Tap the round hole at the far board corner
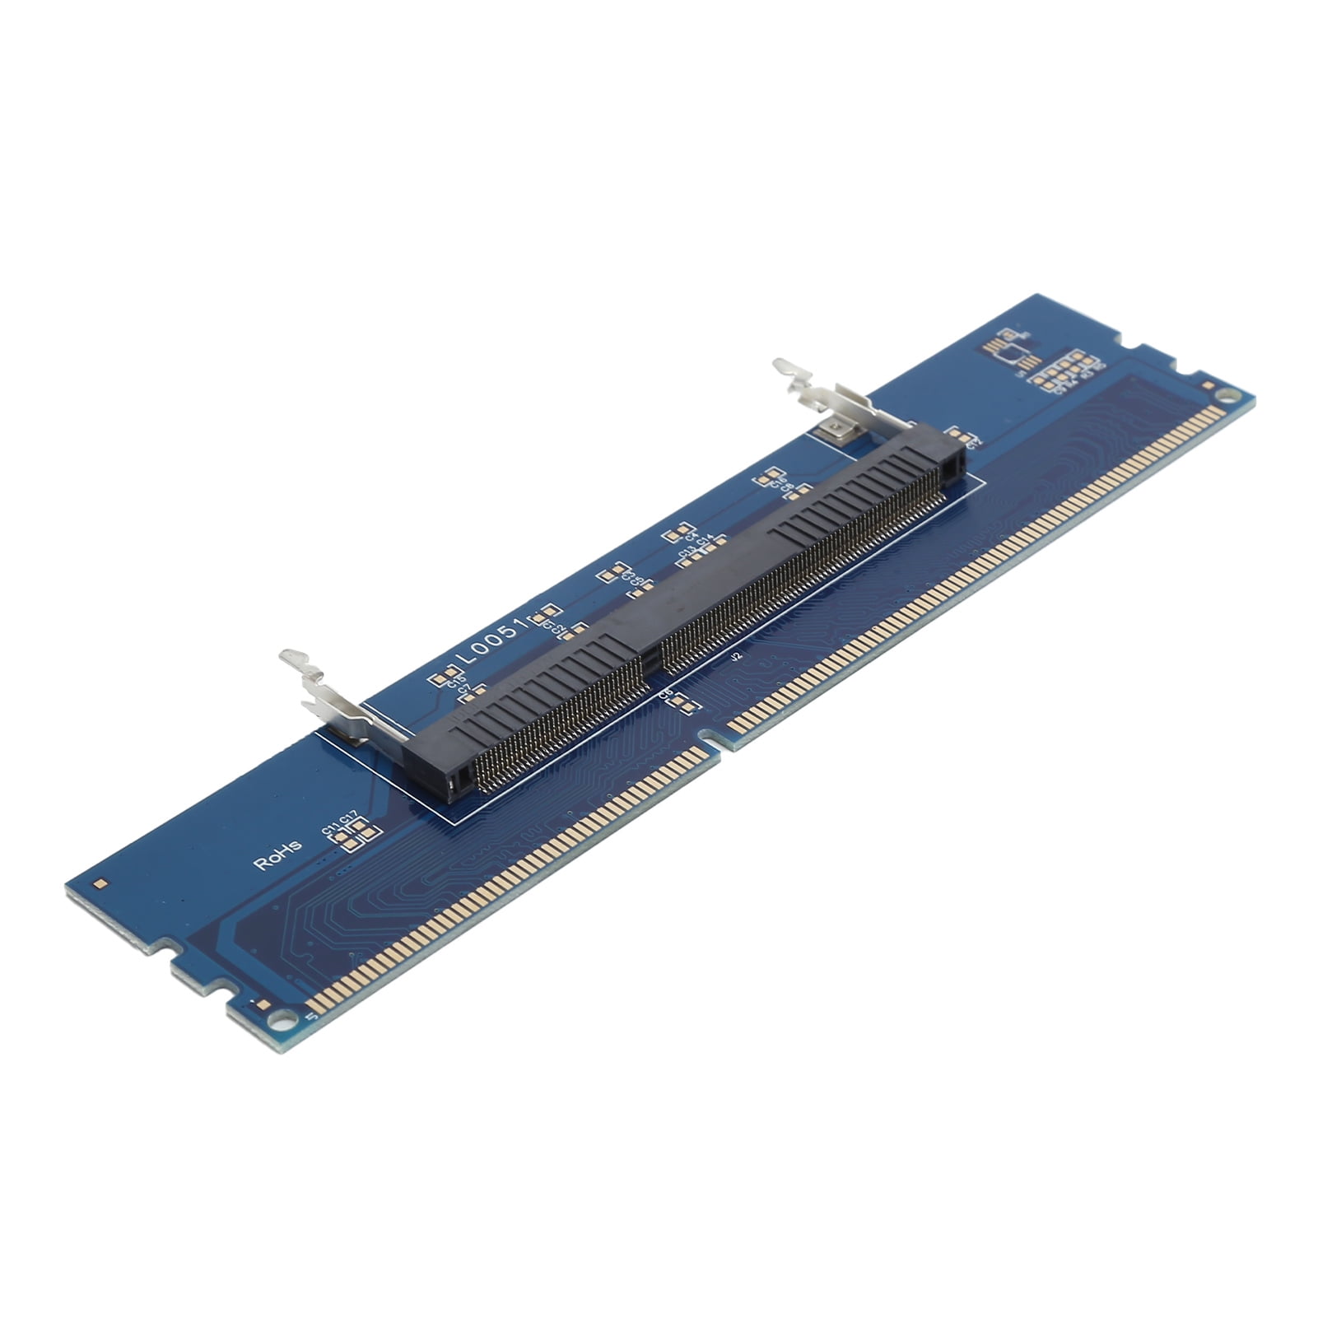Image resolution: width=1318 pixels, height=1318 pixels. [1227, 396]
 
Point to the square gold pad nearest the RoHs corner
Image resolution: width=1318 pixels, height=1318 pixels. [100, 884]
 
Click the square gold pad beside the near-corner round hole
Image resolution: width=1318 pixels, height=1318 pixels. [262, 1005]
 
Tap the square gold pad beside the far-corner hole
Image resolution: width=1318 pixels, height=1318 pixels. [1208, 384]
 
